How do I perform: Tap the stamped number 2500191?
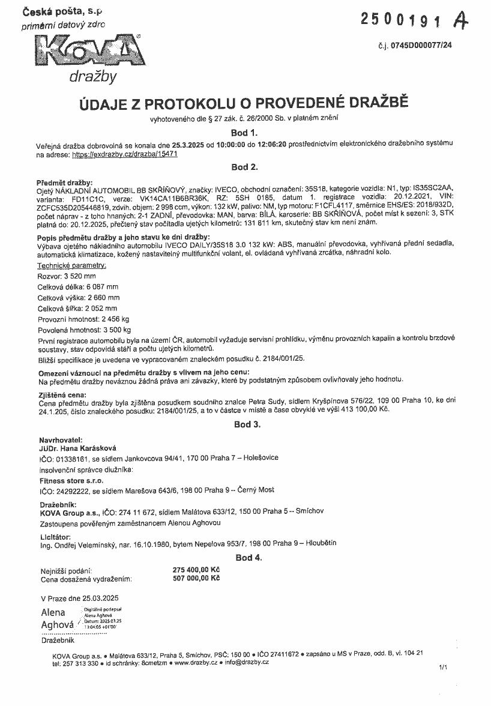tap(403, 20)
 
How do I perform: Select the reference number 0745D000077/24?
tap(423, 45)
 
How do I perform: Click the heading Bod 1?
tap(244, 133)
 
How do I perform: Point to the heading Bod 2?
tap(244, 166)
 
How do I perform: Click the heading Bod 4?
tap(249, 558)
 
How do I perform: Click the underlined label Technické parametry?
tap(72, 265)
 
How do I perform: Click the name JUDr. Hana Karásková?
tap(77, 448)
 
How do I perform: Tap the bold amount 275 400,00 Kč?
tap(196, 569)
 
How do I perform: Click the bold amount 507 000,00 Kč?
tap(196, 578)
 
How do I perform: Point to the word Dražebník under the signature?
tap(58, 641)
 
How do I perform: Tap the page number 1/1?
tap(444, 667)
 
